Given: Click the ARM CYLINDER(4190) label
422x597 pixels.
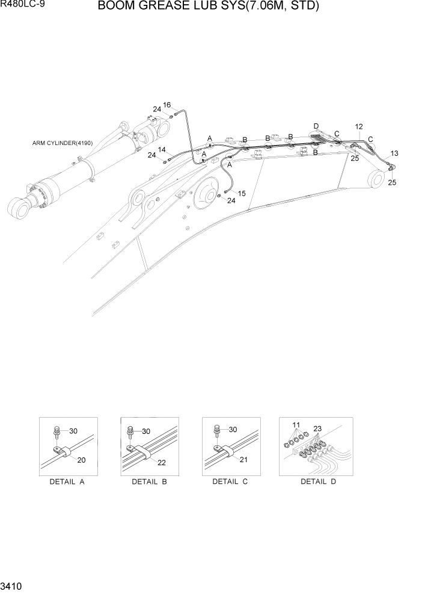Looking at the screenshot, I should pyautogui.click(x=63, y=143).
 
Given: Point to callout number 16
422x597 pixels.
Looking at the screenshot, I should pyautogui.click(x=167, y=105).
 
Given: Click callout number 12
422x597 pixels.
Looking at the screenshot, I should pyautogui.click(x=359, y=127).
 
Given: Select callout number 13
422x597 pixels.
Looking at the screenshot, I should pyautogui.click(x=394, y=153).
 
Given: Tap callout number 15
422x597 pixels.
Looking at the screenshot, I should pyautogui.click(x=242, y=193).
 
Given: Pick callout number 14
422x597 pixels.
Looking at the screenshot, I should pyautogui.click(x=162, y=149).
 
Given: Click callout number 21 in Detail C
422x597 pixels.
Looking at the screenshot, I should pyautogui.click(x=242, y=460).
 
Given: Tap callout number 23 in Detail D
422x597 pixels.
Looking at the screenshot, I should pyautogui.click(x=317, y=429).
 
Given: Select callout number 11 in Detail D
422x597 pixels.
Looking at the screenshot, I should pyautogui.click(x=296, y=425).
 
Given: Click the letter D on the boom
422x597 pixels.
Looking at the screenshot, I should pyautogui.click(x=316, y=126).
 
